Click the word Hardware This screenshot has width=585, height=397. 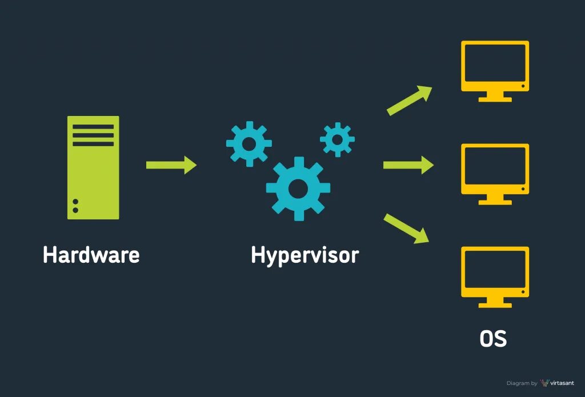click(x=91, y=255)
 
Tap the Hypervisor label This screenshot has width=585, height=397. click(x=304, y=255)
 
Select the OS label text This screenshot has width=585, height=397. click(x=493, y=338)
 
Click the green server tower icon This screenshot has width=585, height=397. click(x=93, y=167)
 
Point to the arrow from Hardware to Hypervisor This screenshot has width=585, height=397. click(x=171, y=165)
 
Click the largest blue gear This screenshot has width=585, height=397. click(x=298, y=188)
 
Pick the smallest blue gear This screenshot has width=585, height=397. click(x=337, y=139)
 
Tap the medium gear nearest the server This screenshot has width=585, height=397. click(x=249, y=144)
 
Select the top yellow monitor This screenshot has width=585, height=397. click(x=495, y=69)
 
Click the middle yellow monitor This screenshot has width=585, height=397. click(x=495, y=171)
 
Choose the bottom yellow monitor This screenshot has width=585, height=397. click(x=495, y=275)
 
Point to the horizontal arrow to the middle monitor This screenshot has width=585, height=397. click(x=408, y=165)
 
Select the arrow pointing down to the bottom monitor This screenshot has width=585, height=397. click(x=407, y=228)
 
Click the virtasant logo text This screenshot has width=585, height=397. click(x=562, y=383)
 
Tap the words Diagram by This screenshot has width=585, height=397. click(x=522, y=383)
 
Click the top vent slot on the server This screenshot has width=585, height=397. click(x=93, y=127)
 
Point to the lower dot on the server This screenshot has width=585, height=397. click(x=75, y=210)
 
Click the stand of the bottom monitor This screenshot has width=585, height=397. click(x=495, y=303)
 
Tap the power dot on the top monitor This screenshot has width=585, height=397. click(x=523, y=86)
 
